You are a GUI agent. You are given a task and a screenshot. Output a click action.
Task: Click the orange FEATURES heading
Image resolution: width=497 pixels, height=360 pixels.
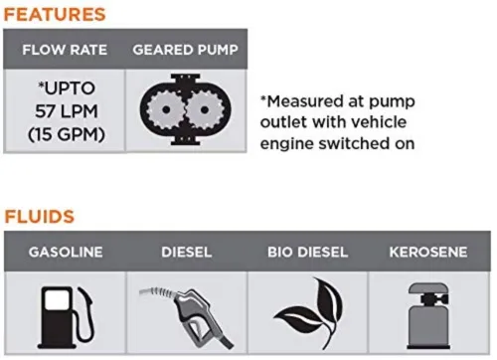click(x=55, y=15)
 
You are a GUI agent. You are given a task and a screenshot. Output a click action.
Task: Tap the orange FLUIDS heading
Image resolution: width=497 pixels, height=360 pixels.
click(x=40, y=217)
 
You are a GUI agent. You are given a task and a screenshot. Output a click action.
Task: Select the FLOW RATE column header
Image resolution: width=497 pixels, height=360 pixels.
click(x=65, y=50)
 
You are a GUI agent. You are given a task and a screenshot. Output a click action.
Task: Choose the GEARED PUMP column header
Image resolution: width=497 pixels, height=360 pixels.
click(x=185, y=50)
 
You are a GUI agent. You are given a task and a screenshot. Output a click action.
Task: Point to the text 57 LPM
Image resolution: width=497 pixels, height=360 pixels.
click(x=67, y=111)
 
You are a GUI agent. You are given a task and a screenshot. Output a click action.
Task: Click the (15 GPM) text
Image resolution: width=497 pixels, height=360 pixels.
click(x=67, y=134)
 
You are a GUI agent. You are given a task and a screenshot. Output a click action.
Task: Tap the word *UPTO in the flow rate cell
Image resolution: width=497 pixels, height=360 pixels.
click(x=67, y=89)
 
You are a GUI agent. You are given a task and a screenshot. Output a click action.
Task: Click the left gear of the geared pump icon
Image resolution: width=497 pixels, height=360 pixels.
click(x=166, y=109)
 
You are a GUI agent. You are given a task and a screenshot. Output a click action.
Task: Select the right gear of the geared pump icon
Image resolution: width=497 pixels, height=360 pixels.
click(x=205, y=109)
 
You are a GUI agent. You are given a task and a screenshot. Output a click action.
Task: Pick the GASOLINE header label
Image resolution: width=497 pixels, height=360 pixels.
click(x=66, y=253)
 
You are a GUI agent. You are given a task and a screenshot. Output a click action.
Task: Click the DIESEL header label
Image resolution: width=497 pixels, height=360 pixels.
click(x=187, y=253)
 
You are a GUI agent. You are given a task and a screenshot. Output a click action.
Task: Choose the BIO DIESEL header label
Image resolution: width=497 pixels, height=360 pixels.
click(x=308, y=253)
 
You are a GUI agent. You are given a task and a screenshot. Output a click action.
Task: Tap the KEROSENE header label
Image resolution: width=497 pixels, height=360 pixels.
click(x=428, y=253)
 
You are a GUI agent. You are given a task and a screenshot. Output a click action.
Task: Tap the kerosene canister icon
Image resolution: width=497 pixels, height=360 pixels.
click(x=428, y=315)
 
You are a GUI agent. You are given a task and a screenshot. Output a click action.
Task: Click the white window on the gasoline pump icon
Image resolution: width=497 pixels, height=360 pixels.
click(x=57, y=299)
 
